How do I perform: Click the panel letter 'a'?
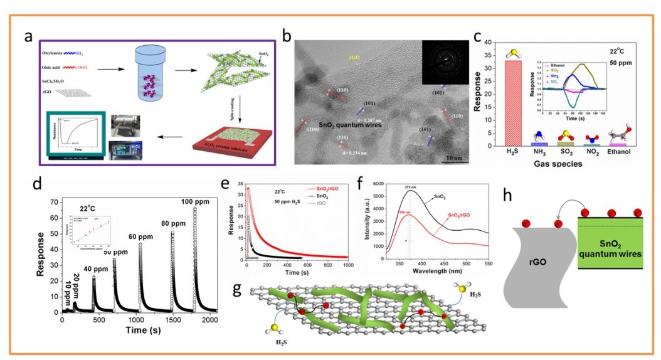tap(28, 36)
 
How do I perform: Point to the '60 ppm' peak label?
tap(142, 238)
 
